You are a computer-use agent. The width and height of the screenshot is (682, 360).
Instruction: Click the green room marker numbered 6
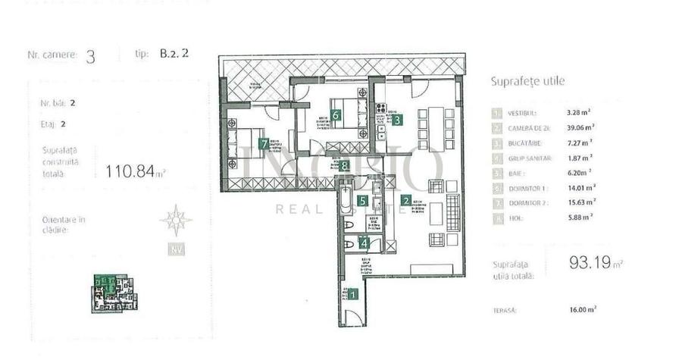pyautogui.click(x=334, y=115)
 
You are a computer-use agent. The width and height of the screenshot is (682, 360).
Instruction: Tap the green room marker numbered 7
pyautogui.click(x=263, y=142)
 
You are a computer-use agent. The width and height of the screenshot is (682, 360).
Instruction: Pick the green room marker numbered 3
pyautogui.click(x=396, y=118)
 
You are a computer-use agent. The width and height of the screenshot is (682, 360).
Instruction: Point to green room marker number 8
pyautogui.click(x=345, y=165)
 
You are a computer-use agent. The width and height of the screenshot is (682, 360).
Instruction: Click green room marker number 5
pyautogui.click(x=363, y=201)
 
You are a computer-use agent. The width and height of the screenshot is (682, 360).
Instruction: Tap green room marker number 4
pyautogui.click(x=364, y=243)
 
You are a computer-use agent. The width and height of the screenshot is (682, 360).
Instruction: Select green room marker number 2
pyautogui.click(x=406, y=201)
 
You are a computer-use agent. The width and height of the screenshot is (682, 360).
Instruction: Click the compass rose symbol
pyautogui.click(x=176, y=220)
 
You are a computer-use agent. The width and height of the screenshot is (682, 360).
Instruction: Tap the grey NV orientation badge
pyautogui.click(x=176, y=249)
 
